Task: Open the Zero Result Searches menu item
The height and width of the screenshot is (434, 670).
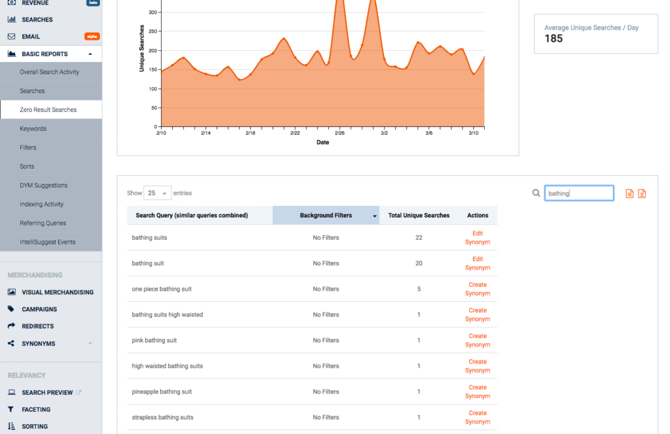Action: tap(48, 110)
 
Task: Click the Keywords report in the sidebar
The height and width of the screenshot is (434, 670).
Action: tap(33, 129)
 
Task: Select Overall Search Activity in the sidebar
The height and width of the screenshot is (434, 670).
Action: tap(49, 72)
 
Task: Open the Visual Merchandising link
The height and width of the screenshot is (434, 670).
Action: tap(57, 292)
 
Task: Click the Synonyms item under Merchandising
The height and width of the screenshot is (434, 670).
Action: tap(38, 343)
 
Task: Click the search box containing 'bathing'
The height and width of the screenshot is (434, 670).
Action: tap(578, 193)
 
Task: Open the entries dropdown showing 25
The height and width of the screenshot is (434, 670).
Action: tap(157, 193)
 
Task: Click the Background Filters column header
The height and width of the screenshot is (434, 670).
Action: tap(326, 215)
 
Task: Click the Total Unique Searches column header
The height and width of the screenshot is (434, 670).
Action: tap(419, 215)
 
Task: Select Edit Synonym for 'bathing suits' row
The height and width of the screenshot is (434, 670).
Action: tap(477, 237)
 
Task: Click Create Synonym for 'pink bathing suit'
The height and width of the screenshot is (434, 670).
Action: tap(477, 340)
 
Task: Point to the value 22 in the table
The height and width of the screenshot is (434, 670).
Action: tap(419, 237)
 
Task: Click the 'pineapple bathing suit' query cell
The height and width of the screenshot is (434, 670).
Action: tap(162, 392)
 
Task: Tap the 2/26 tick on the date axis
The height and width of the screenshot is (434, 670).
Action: tap(340, 133)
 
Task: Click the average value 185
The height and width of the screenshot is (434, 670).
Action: tap(554, 39)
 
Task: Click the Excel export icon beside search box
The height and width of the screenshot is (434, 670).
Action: tap(642, 193)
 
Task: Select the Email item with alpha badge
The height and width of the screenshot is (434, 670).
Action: tap(31, 37)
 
